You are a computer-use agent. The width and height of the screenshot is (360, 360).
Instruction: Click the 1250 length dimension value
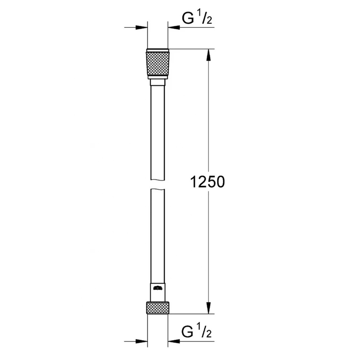click(207, 182)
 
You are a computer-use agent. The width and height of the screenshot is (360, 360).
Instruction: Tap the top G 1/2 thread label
click(197, 18)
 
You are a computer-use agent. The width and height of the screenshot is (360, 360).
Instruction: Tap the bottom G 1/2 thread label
click(197, 332)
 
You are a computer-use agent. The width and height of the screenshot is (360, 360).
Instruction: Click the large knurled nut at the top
click(158, 64)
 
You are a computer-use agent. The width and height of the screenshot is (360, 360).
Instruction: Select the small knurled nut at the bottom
click(158, 308)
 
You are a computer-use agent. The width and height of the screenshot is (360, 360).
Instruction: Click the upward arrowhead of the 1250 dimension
click(208, 55)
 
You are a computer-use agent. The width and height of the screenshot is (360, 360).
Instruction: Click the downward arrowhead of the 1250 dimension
click(208, 308)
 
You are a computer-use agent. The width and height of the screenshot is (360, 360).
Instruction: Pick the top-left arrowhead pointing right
click(142, 28)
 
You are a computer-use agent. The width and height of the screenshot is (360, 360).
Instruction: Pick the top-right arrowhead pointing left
click(174, 28)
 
